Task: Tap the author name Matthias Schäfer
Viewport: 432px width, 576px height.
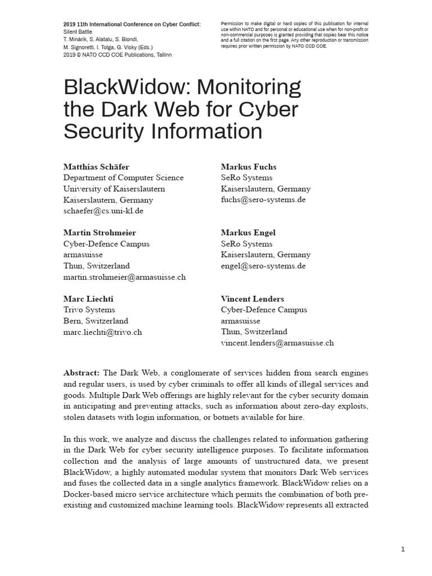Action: point(96,167)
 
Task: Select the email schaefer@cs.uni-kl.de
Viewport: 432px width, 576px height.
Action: point(103,211)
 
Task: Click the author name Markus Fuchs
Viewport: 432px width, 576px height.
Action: point(249,167)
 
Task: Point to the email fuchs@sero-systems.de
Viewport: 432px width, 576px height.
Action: point(263,200)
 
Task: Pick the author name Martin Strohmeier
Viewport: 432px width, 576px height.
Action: point(100,233)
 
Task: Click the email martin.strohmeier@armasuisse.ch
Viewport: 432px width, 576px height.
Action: point(124,277)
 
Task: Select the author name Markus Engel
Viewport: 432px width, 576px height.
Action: point(248,233)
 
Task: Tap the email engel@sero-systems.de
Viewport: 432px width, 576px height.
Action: point(263,265)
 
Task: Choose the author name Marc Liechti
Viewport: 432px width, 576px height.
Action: point(88,299)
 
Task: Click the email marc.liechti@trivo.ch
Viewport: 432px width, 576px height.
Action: point(103,332)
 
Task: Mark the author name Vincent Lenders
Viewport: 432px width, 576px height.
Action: point(253,299)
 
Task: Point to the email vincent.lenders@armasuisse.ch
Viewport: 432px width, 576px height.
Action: point(277,343)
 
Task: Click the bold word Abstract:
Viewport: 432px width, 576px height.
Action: point(82,373)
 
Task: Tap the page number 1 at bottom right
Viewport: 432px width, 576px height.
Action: point(403,550)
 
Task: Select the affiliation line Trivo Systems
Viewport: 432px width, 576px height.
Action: point(89,310)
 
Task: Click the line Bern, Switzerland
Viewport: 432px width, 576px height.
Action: point(96,321)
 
